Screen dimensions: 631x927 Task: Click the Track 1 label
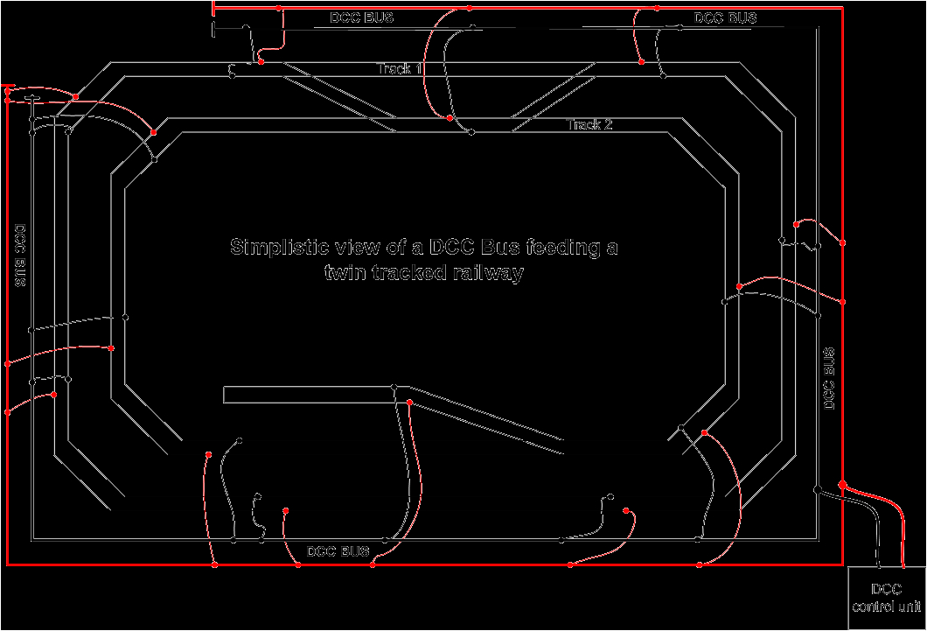point(401,68)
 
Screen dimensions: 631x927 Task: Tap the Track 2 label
point(590,125)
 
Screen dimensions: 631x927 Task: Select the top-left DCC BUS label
point(362,18)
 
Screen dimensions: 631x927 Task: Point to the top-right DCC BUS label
point(726,18)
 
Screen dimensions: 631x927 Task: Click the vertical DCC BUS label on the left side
point(20,256)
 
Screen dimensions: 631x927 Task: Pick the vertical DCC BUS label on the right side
point(829,379)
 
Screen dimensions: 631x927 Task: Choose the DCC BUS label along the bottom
point(338,551)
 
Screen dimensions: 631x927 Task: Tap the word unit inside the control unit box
point(911,606)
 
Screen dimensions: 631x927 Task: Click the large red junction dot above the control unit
point(842,484)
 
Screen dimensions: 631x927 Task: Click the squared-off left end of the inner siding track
point(226,395)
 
